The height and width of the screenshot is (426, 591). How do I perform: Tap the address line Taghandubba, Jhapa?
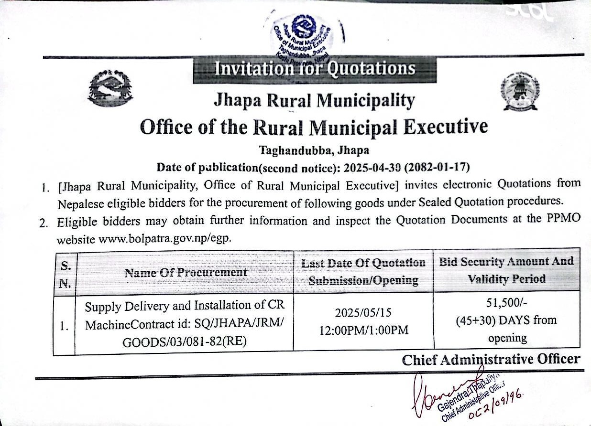point(314,150)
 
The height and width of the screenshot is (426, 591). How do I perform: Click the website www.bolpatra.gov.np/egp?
point(164,239)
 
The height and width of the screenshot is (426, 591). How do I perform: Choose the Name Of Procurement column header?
point(186,272)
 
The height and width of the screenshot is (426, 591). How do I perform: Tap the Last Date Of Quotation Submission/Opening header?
point(363,271)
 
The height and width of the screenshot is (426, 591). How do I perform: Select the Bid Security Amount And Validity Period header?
point(506,270)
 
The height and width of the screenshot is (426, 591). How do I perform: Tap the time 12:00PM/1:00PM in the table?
point(363,330)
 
